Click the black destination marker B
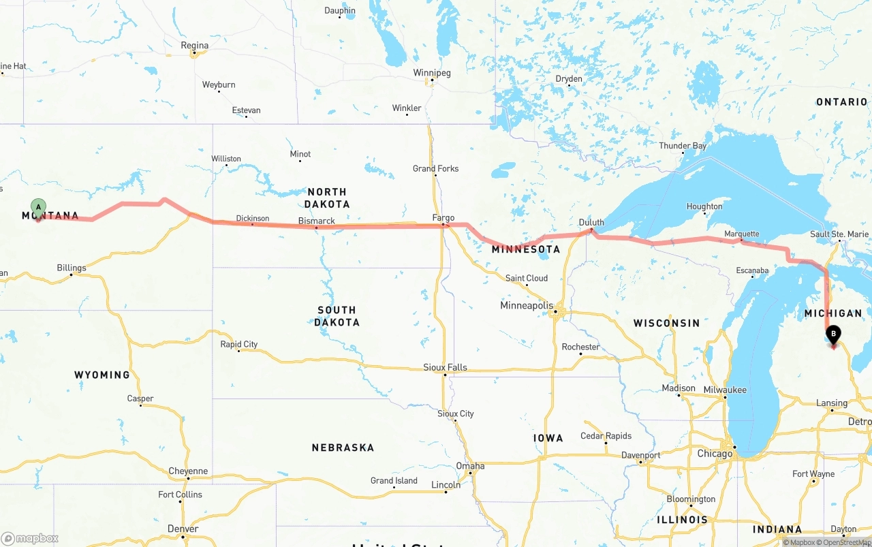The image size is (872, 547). (x=832, y=334)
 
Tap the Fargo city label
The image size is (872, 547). (x=443, y=218)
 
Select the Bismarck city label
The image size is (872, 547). (x=317, y=221)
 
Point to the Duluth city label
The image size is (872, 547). (x=591, y=222)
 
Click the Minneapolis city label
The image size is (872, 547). (x=527, y=305)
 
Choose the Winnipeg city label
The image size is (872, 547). (x=432, y=73)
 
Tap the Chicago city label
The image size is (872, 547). (x=715, y=454)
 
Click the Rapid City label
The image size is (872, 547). (x=239, y=344)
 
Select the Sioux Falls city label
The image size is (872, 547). (x=446, y=367)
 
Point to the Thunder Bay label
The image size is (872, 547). (x=683, y=146)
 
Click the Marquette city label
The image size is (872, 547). (x=742, y=234)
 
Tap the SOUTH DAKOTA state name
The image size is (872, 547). (x=337, y=316)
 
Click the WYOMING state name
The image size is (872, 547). (x=102, y=375)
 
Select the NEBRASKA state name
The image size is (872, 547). (x=343, y=448)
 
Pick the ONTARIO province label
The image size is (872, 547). (x=842, y=102)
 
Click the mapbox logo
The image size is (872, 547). (x=30, y=538)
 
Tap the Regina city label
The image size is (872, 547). (x=195, y=46)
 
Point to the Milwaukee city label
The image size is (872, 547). (x=725, y=390)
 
